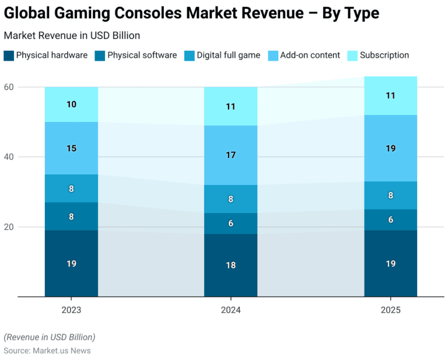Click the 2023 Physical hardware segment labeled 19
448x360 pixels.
[x=71, y=263]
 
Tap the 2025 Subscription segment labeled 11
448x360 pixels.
[x=390, y=96]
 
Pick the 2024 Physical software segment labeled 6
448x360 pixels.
[x=230, y=223]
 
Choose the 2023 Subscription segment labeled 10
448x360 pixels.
[x=71, y=104]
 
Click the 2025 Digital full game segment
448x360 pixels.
[x=390, y=195]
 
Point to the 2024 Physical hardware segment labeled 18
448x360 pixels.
[x=230, y=265]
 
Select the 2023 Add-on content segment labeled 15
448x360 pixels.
[x=71, y=148]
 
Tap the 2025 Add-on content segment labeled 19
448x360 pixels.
[x=390, y=148]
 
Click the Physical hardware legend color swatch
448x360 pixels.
[x=9, y=55]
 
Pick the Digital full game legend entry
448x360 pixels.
[x=228, y=55]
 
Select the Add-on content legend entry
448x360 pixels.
[x=310, y=55]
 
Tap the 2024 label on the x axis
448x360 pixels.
[x=230, y=310]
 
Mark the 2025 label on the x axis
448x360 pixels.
[x=390, y=310]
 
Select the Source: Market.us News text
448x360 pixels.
[x=47, y=351]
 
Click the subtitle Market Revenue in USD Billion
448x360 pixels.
[x=72, y=36]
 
